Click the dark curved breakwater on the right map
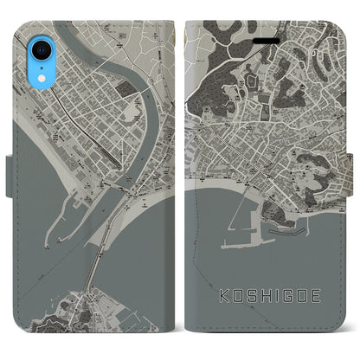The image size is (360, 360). click(x=299, y=231)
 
